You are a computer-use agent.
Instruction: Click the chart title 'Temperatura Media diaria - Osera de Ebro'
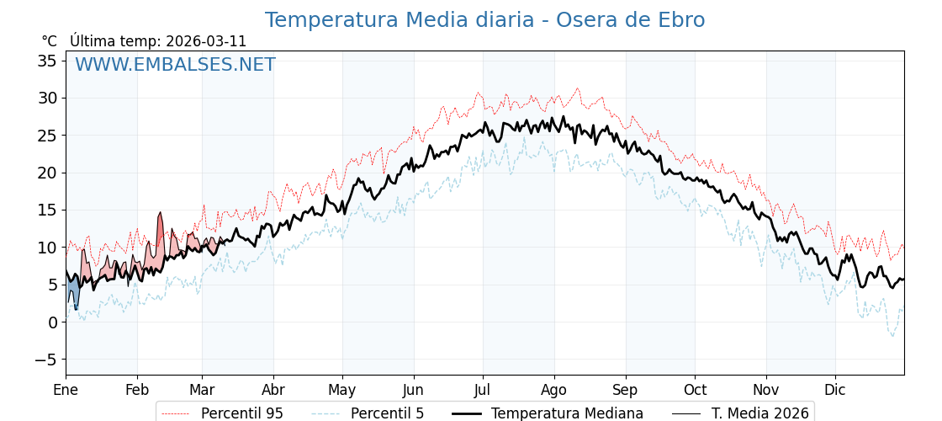coord(484,20)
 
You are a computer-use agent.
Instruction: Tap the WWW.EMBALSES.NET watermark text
coord(175,65)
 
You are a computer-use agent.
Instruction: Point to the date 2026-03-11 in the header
coord(206,41)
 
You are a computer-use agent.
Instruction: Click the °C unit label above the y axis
coord(49,41)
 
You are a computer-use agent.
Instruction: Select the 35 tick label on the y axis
coord(47,61)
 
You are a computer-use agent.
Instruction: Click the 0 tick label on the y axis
coord(52,322)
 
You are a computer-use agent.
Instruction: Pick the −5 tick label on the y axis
coord(47,360)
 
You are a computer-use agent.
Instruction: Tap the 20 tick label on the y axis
coord(47,173)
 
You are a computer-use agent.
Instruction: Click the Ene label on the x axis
coord(66,390)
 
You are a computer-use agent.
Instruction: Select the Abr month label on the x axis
coord(273,390)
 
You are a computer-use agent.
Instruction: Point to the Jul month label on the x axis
coord(483,390)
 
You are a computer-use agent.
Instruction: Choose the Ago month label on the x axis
coord(553,390)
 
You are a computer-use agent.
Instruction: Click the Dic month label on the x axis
coord(835,390)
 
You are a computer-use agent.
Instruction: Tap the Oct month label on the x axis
coord(695,390)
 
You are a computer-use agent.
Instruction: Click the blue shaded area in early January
coord(73,293)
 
